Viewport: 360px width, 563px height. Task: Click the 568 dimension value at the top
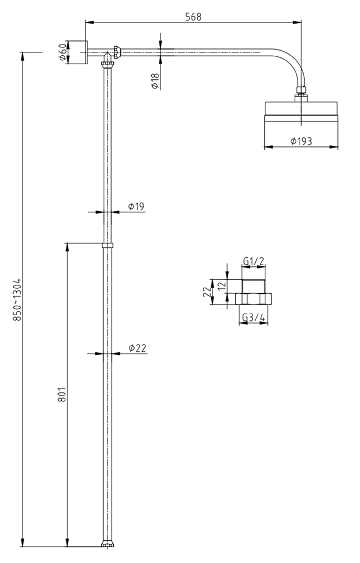[x=193, y=17]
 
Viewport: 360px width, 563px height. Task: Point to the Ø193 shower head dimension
[x=301, y=141]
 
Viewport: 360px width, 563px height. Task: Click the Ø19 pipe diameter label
[x=136, y=207]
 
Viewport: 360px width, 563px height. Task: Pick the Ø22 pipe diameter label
[x=137, y=348]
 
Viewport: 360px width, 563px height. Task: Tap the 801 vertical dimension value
[x=62, y=395]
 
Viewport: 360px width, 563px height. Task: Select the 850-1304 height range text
[x=17, y=299]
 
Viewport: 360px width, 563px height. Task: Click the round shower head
[x=302, y=113]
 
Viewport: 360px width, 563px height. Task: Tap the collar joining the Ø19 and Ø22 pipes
[x=106, y=245]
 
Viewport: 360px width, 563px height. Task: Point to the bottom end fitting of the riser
[x=106, y=544]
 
